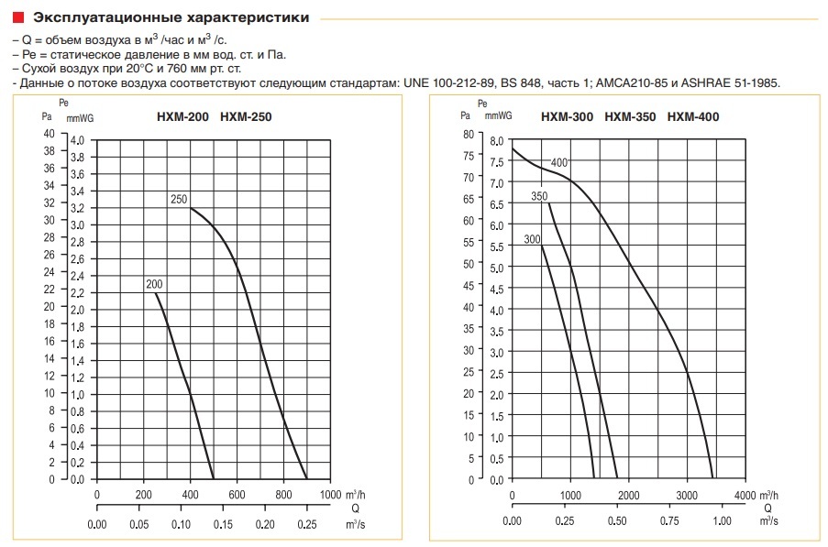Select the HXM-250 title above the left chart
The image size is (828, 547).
pos(246,116)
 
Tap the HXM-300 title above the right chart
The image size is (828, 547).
pos(568,116)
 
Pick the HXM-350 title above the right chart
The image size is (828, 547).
pos(631,116)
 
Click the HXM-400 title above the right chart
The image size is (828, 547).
pos(693,116)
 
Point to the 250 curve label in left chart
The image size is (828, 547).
pos(178,199)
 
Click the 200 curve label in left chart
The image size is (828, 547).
pos(153,285)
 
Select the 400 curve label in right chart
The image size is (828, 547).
pos(559,163)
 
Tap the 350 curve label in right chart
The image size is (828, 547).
pos(539,197)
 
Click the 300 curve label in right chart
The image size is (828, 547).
pos(533,240)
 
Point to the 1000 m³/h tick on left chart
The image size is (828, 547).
pos(329,495)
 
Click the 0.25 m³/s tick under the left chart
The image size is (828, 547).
pos(307,525)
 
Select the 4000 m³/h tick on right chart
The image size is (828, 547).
pos(745,495)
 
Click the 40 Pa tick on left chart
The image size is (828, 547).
pos(49,132)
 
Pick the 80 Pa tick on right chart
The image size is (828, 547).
pos(468,133)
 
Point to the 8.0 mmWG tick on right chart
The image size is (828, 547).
pos(496,141)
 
